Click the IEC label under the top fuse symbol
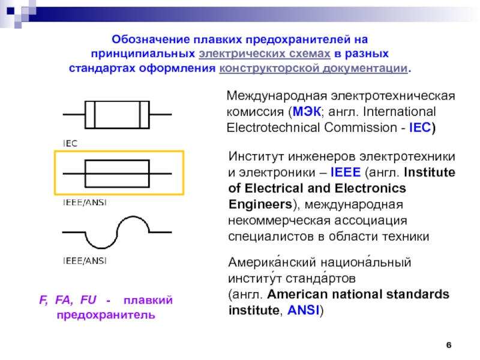coord(70,143)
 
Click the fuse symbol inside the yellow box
coord(117,173)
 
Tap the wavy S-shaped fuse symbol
coord(117,232)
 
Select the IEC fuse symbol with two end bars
coord(117,115)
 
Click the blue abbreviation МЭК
coord(307,112)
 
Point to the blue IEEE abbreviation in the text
coord(346,172)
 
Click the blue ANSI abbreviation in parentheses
coord(303,310)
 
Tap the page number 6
coord(449,344)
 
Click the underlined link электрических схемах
coord(265,53)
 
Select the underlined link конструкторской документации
coord(313,68)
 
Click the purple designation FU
coord(88,299)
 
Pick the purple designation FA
coord(64,300)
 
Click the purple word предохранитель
coord(106,314)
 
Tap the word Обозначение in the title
coord(151,39)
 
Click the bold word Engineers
coord(260,204)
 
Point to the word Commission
coord(361,127)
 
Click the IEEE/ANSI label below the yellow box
coord(85,202)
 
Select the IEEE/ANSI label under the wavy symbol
coord(85,261)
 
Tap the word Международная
coord(277,96)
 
